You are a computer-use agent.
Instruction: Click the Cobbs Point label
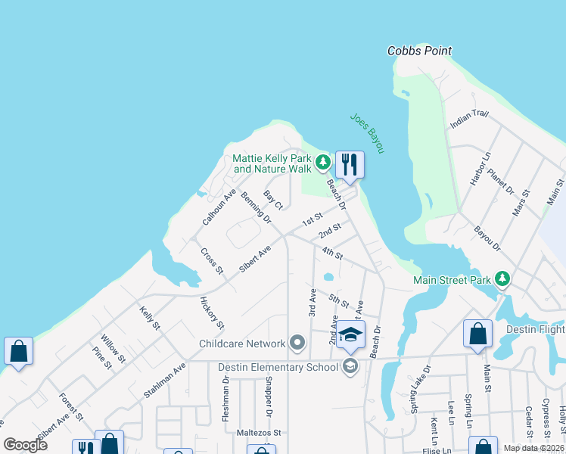coord(419,51)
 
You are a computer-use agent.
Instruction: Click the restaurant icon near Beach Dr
coord(350,164)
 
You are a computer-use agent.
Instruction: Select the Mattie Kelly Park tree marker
coord(323,161)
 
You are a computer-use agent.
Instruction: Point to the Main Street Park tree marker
coord(502,280)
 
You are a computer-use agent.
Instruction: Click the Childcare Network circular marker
coord(297,344)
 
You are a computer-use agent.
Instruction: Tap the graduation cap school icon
coord(350,336)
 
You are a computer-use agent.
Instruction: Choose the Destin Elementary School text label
coord(278,368)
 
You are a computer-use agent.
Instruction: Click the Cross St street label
coord(212,260)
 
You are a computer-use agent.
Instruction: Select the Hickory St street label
coord(211,313)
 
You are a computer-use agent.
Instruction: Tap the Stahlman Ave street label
coord(164,381)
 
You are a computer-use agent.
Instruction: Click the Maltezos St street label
coord(261,434)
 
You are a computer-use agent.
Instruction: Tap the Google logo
coord(26,445)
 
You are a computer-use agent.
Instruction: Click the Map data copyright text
coord(533,447)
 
